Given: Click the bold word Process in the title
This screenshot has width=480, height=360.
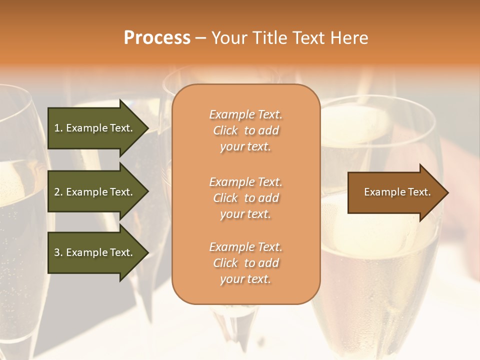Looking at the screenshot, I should [x=157, y=37].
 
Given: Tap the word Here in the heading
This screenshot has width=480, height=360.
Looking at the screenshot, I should [x=350, y=37].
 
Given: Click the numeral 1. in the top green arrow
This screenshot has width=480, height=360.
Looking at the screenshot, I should [x=58, y=128].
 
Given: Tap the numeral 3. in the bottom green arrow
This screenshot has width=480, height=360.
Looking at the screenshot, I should [x=58, y=252].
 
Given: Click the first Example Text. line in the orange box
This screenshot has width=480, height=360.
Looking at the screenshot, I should [x=245, y=115].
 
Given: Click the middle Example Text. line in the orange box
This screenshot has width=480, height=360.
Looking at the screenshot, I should [x=245, y=182].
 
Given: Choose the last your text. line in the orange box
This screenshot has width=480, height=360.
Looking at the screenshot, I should [x=245, y=279].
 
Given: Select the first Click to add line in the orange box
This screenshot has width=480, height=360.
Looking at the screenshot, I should [x=245, y=131].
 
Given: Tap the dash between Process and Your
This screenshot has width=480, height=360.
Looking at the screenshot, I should [x=201, y=38].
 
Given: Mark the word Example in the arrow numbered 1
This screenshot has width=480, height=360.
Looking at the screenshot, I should [x=86, y=128].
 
